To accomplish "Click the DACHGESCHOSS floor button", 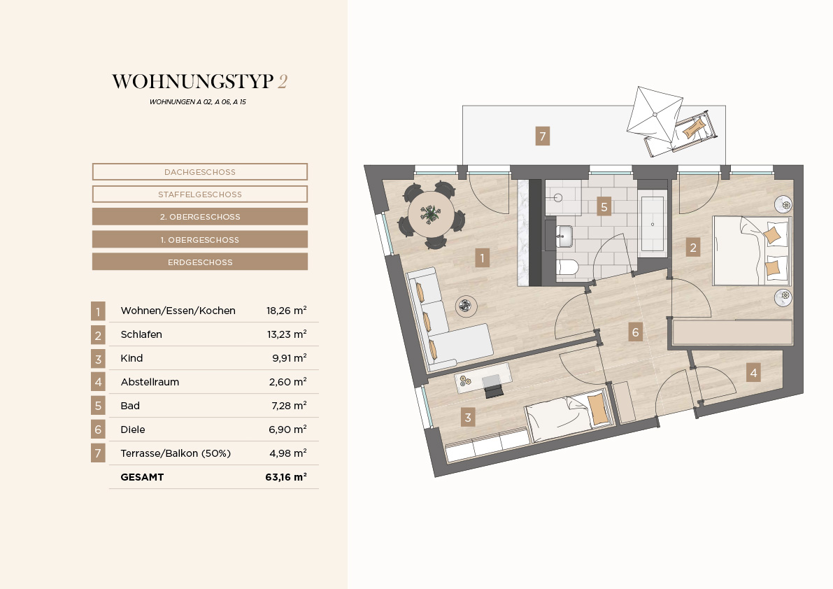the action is (200, 171).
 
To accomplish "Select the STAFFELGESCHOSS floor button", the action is (200, 194).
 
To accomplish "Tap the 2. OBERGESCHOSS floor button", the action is (200, 217).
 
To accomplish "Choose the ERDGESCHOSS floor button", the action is (200, 262).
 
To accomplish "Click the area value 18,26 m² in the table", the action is (286, 311).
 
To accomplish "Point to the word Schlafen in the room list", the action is (141, 334).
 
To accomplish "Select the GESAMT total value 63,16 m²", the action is (286, 477).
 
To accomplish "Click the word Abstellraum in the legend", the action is (150, 382).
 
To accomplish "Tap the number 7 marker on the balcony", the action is (543, 136).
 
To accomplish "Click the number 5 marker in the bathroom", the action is (604, 206).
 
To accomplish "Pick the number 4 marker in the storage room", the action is (753, 372).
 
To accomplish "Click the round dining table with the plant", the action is (432, 215).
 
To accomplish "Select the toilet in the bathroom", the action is (567, 267).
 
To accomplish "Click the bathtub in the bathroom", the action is (653, 224).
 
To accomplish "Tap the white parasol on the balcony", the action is (655, 115).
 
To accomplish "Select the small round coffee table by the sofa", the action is (466, 306).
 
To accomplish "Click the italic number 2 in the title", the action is (283, 81).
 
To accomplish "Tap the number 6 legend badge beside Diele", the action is (98, 429).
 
